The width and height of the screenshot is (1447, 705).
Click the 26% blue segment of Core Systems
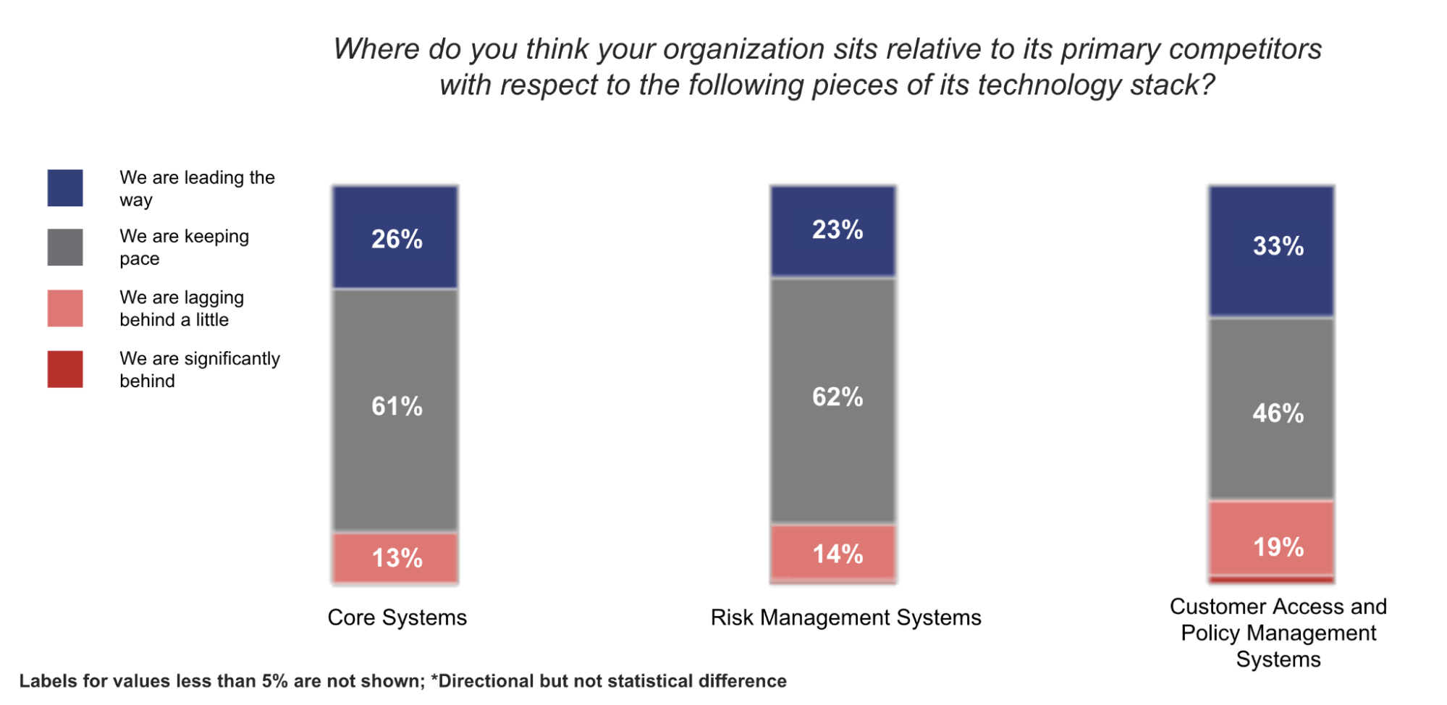pos(395,237)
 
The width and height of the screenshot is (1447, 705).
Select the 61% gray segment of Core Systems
pos(395,410)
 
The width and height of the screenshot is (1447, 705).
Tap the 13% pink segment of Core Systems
pos(395,557)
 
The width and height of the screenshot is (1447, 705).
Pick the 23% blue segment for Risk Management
pos(833,231)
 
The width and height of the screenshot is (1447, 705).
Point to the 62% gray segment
pos(833,400)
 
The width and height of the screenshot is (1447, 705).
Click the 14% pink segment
pos(833,552)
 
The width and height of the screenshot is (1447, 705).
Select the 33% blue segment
pos(1271,250)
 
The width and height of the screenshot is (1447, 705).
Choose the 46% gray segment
pos(1271,409)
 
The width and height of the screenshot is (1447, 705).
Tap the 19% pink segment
pos(1271,538)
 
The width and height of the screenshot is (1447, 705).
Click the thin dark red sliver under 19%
pos(1271,579)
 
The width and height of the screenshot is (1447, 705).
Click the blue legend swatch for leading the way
pos(65,188)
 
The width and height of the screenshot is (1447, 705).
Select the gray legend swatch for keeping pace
pos(65,248)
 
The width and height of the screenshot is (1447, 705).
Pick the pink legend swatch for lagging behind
pos(65,308)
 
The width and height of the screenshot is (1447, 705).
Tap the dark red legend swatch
pos(65,369)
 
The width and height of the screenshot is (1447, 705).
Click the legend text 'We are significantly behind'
pos(199,369)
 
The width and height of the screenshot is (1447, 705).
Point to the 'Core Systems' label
pos(397,617)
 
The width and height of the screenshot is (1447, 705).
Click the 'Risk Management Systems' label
pos(845,617)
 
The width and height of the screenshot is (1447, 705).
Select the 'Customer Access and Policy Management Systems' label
pos(1278,633)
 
